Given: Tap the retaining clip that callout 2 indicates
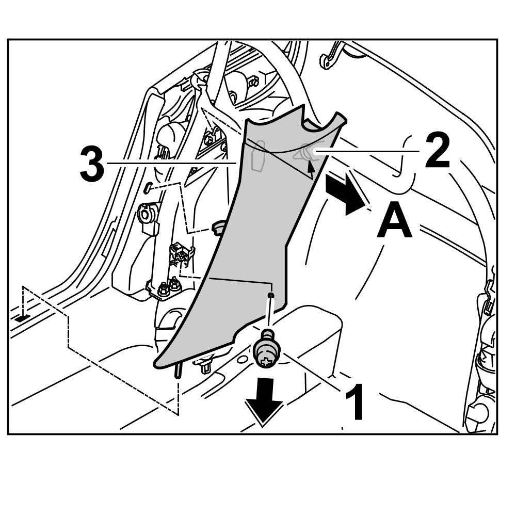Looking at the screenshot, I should click(x=305, y=152).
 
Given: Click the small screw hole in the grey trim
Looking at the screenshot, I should click(x=271, y=295).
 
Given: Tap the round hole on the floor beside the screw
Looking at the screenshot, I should click(x=241, y=357).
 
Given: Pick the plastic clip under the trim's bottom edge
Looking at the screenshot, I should click(x=205, y=365).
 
